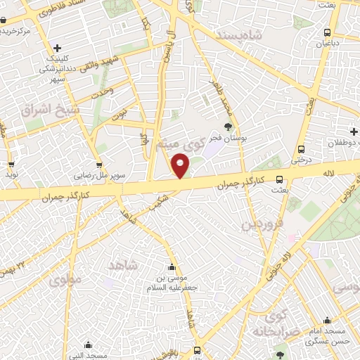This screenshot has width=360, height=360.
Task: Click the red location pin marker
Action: click(x=181, y=167)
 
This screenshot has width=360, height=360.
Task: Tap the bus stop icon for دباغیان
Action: click(x=327, y=32)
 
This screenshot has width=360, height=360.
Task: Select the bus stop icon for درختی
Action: click(x=301, y=149)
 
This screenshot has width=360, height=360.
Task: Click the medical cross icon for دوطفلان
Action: click(x=354, y=131)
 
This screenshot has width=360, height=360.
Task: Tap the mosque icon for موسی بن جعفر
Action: click(x=173, y=266)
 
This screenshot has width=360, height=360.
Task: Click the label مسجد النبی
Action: click(x=88, y=354)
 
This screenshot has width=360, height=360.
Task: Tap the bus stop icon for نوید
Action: click(x=10, y=162)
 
